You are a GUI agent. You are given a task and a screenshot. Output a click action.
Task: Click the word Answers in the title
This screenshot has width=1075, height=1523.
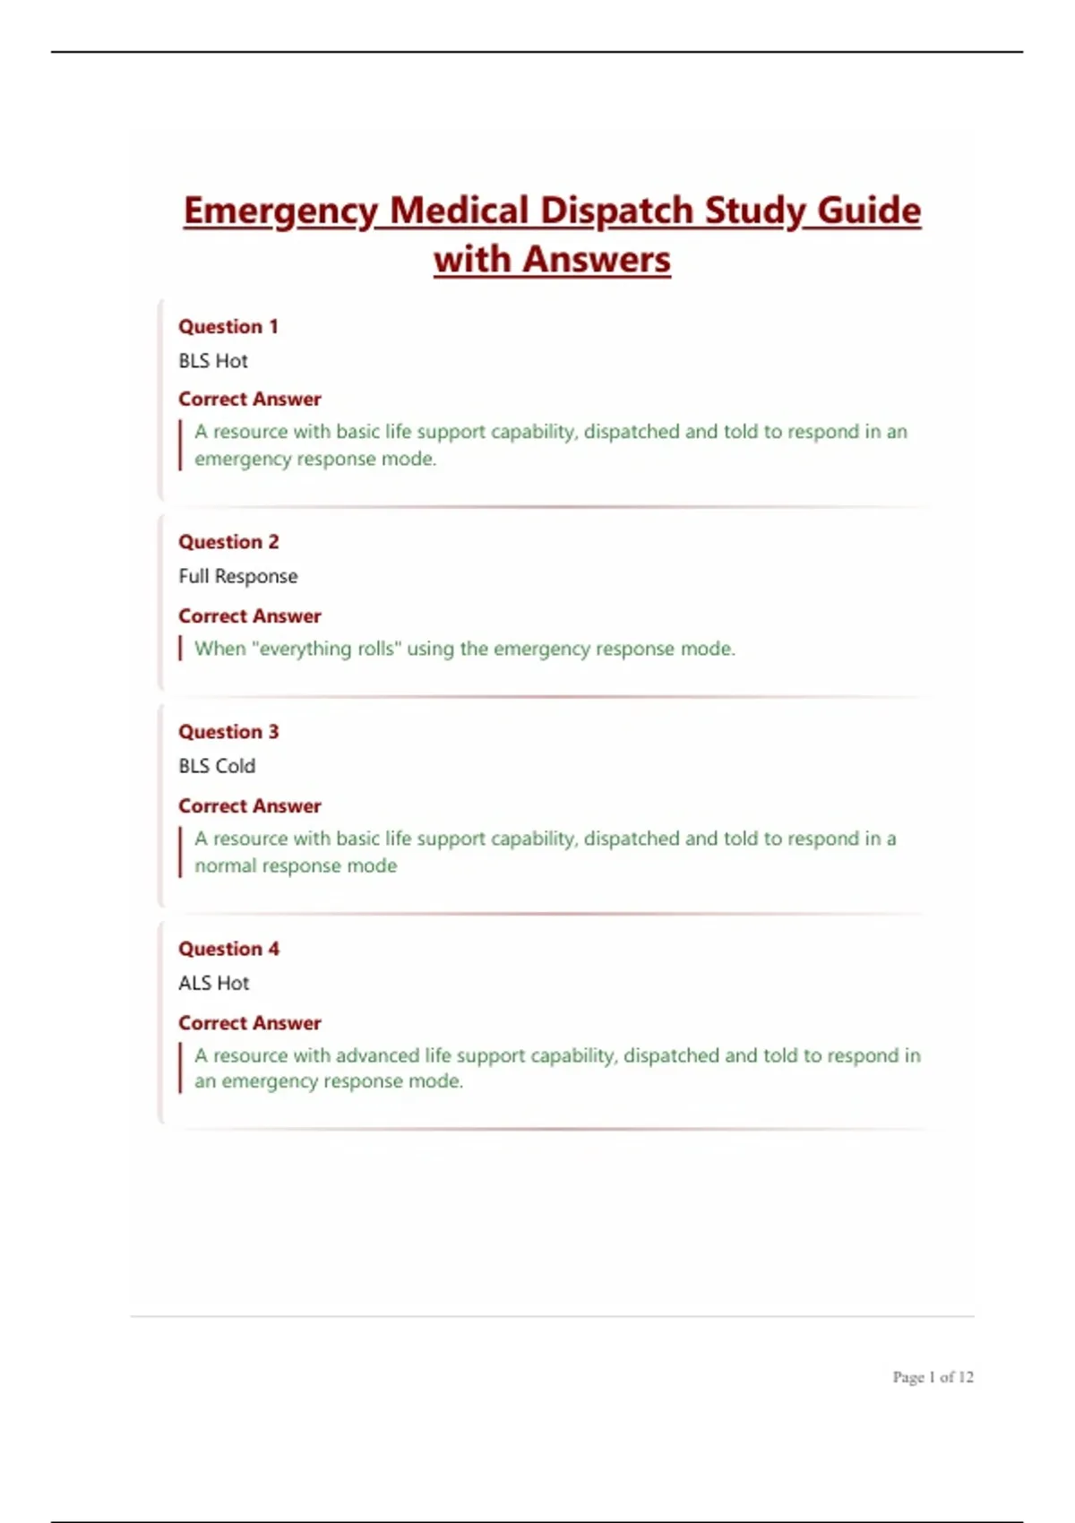click(596, 260)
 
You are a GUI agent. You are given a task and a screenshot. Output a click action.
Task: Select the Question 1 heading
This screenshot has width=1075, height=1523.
click(228, 327)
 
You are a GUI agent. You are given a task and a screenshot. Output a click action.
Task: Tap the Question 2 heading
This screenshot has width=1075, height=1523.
click(228, 542)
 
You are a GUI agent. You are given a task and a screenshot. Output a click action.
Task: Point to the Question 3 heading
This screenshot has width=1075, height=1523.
click(228, 732)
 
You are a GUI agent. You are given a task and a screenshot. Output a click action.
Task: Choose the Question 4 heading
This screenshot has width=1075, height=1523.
click(228, 949)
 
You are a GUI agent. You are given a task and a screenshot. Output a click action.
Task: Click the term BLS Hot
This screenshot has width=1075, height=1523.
click(213, 361)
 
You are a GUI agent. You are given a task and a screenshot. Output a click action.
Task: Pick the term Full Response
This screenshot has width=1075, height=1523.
click(238, 576)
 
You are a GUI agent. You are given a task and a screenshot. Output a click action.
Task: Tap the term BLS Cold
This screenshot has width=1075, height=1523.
click(217, 766)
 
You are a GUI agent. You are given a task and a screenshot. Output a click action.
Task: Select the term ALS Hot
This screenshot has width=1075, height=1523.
click(214, 983)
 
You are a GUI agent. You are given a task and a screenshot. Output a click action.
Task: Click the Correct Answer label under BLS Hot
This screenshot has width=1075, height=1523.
click(250, 399)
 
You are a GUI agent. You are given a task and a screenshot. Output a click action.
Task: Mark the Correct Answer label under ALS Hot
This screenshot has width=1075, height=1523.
click(250, 1023)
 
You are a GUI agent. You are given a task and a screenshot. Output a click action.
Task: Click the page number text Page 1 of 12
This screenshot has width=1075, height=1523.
click(933, 1377)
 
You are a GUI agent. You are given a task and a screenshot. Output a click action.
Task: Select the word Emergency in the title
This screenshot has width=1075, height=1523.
click(280, 211)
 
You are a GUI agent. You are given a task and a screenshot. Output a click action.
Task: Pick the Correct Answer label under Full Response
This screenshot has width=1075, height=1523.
click(250, 616)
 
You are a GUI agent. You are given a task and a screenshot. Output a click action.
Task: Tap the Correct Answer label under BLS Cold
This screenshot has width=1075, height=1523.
click(250, 806)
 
